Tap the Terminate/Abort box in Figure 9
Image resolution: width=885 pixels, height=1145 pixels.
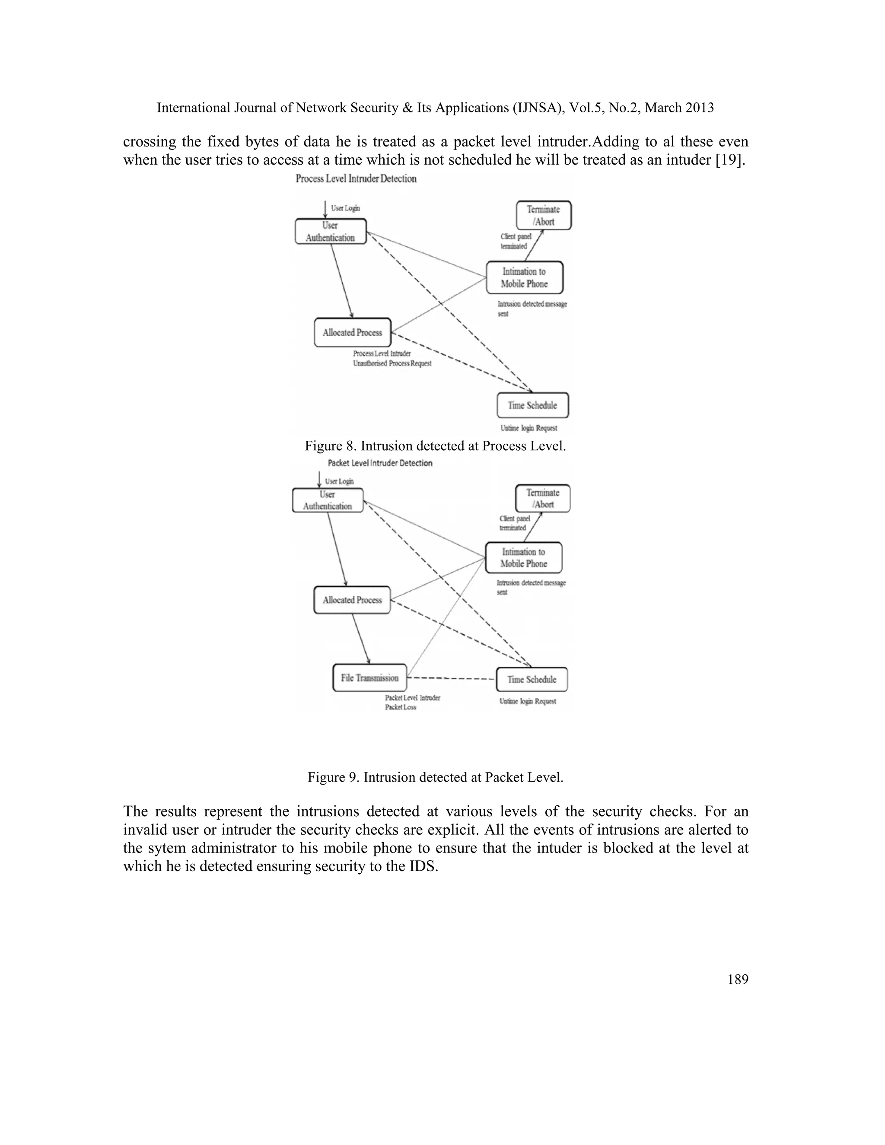coord(543,499)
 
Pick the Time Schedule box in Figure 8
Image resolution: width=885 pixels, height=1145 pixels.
coord(533,405)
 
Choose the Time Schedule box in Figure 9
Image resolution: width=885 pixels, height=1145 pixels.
coord(532,680)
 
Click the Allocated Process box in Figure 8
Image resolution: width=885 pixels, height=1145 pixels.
coord(352,332)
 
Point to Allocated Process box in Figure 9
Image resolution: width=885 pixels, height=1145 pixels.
coord(352,600)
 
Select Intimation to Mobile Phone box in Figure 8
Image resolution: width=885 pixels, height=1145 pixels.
coord(524,277)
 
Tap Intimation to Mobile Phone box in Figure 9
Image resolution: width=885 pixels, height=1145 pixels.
coord(524,558)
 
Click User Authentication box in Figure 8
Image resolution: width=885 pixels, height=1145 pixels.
coord(330,231)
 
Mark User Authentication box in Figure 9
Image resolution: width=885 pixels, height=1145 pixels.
coord(328,500)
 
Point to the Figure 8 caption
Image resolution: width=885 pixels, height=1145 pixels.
coord(435,446)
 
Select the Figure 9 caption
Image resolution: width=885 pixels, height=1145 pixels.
coord(435,777)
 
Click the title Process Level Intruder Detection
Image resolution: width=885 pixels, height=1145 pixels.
coord(356,179)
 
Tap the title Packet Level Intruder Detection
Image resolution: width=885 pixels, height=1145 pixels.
coord(380,463)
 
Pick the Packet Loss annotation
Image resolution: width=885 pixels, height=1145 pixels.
coord(401,707)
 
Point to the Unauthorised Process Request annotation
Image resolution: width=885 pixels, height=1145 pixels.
coord(392,363)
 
